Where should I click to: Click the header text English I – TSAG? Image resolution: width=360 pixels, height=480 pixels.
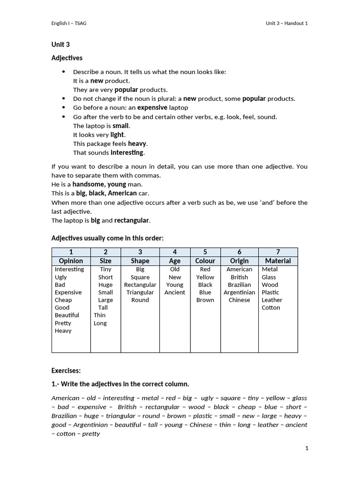[x=68, y=23]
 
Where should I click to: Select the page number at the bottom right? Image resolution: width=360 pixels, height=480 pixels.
[x=307, y=449]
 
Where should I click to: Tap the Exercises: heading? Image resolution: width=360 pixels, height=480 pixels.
[x=66, y=370]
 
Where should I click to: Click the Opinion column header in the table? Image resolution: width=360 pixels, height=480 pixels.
[x=71, y=261]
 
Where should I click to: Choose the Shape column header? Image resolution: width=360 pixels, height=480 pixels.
[x=140, y=261]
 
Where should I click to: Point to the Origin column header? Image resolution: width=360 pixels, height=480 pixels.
[x=239, y=261]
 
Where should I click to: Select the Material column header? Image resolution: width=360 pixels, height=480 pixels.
[x=278, y=261]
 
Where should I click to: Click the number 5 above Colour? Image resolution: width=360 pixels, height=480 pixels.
[x=205, y=252]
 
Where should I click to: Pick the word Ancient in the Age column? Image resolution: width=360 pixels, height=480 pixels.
[x=175, y=292]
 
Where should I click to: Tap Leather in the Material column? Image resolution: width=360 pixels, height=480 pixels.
[x=272, y=300]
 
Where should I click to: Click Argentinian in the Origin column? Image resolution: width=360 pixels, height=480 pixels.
[x=239, y=292]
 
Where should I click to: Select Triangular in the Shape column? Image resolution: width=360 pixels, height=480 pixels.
[x=140, y=292]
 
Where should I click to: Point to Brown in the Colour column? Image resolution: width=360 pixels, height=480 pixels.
[x=205, y=300]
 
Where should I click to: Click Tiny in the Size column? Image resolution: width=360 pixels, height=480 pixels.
[x=105, y=270]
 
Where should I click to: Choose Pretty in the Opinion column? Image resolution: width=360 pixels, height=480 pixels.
[x=63, y=323]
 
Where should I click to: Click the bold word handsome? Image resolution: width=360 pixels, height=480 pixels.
[x=89, y=184]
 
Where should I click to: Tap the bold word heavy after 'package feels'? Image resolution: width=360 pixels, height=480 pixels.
[x=137, y=143]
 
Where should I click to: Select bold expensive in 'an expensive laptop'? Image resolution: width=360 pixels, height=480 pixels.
[x=152, y=107]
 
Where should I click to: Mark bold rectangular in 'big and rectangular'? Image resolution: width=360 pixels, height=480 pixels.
[x=132, y=220]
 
